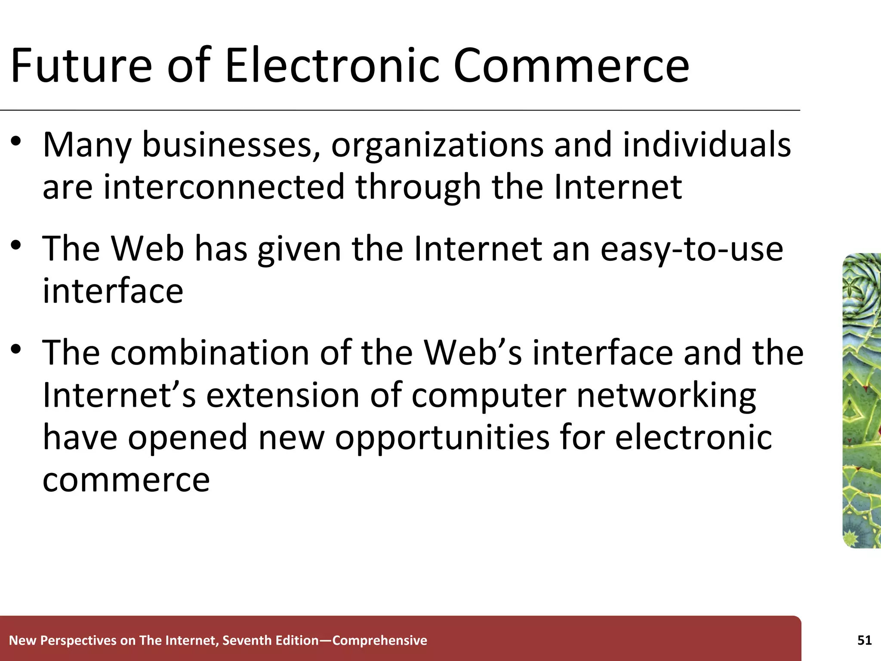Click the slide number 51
pos(864,640)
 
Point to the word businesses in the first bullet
pos(231,145)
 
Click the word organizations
pos(437,145)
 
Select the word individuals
pos(706,145)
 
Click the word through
pos(418,188)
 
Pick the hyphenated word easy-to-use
pos(692,250)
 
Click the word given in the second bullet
pos(299,250)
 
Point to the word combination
pos(209,353)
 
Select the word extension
pos(283,395)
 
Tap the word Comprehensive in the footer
pos(380,640)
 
